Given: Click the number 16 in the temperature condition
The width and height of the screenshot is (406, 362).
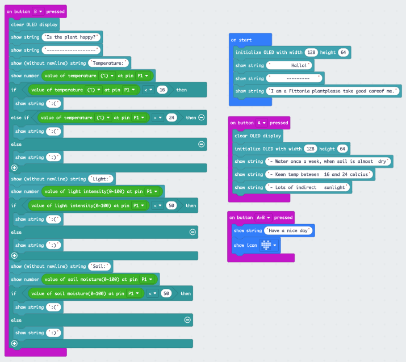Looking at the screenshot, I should (x=162, y=90).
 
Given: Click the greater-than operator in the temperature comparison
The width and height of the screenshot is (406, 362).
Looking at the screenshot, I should (x=157, y=117).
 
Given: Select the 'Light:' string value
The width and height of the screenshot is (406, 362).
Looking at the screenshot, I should (x=101, y=179).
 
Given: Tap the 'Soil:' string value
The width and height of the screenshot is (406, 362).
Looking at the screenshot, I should (x=100, y=266).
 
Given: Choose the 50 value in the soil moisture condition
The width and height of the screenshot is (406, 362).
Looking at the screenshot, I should (x=166, y=293).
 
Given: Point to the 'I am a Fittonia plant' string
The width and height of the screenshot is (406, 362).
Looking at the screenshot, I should (x=334, y=91).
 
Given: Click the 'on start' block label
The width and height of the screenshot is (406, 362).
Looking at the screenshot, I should (x=241, y=40).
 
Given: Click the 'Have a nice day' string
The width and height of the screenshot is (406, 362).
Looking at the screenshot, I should (x=289, y=231).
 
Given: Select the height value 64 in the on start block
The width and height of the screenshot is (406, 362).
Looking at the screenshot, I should (x=343, y=53).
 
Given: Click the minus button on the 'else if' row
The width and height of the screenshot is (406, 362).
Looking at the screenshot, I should (x=201, y=117).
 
